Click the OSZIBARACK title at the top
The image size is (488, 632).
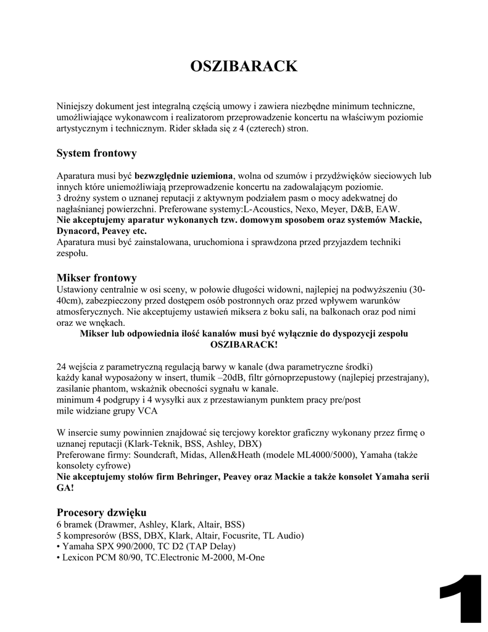[244, 66]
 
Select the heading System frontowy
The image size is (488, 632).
[96, 152]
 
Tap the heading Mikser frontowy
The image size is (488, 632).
[96, 278]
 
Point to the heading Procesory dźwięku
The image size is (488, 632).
[101, 512]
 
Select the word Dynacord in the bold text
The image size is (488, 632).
[75, 231]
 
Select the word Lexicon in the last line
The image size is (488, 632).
[78, 558]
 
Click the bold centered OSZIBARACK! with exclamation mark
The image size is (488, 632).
[244, 344]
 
